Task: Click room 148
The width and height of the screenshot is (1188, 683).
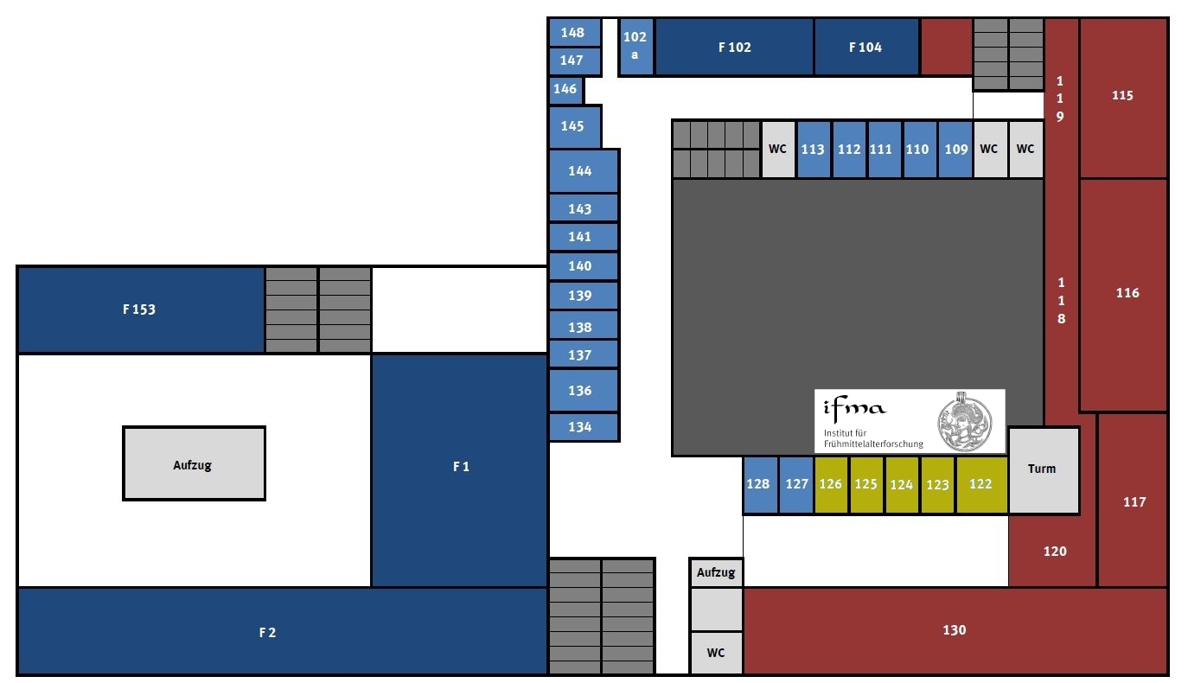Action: click(573, 33)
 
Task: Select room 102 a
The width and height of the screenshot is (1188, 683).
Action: click(636, 47)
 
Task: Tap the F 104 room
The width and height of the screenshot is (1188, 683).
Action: click(865, 48)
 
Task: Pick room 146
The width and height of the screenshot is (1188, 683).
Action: click(565, 89)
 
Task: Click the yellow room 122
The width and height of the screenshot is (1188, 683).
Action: click(981, 485)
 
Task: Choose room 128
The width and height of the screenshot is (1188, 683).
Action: click(758, 485)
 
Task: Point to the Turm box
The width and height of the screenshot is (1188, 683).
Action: click(1043, 469)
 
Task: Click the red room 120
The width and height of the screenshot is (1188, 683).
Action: click(1055, 552)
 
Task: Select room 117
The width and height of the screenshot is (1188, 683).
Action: click(1134, 501)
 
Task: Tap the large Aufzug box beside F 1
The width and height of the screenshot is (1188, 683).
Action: click(193, 464)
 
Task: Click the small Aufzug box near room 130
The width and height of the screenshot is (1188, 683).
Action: click(716, 572)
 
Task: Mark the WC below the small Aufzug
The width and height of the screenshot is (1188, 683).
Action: click(716, 653)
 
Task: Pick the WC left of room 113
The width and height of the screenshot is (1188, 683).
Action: click(778, 149)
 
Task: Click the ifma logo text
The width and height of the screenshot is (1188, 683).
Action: click(855, 407)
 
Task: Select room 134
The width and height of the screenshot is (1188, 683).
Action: click(581, 427)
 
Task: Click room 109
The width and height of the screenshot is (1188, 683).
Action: click(955, 150)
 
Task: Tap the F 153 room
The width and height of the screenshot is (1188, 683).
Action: click(139, 310)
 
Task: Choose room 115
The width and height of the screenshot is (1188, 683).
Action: click(1122, 96)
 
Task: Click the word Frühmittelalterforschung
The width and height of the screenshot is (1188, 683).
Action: click(872, 444)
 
